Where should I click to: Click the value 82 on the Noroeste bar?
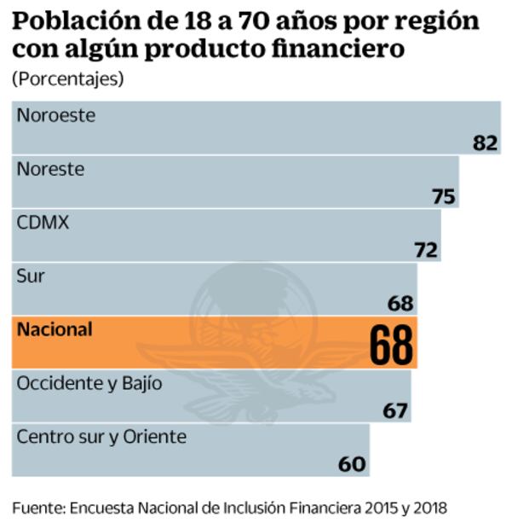(485, 142)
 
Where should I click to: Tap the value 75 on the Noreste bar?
(443, 196)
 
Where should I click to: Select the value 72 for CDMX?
(425, 250)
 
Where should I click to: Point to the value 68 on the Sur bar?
(400, 303)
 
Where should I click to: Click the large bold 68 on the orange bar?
(391, 345)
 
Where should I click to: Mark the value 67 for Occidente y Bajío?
(394, 410)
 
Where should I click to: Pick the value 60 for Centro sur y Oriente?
(352, 464)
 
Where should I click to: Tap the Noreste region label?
(51, 169)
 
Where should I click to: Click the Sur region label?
(31, 276)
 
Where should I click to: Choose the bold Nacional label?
(54, 329)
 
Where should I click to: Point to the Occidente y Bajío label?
(89, 384)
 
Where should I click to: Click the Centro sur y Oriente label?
(101, 437)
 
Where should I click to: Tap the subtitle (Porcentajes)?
(67, 78)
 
